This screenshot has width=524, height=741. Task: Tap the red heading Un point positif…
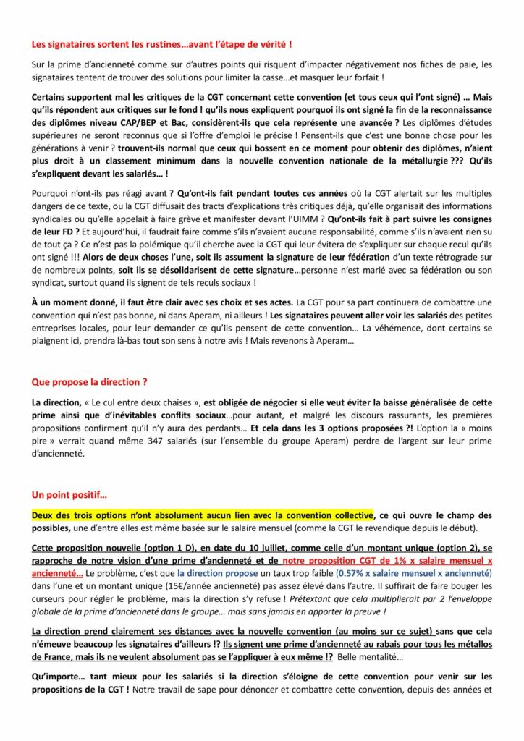click(69, 495)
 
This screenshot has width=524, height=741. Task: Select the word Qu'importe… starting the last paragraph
click(59, 678)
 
